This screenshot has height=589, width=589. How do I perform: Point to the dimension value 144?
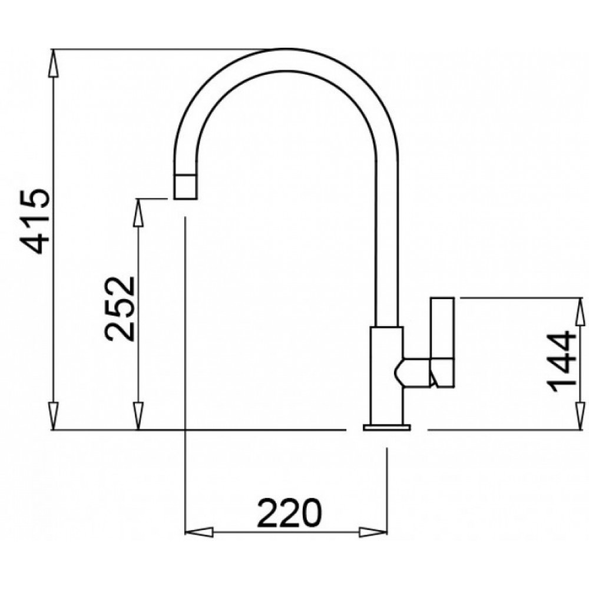[561, 362]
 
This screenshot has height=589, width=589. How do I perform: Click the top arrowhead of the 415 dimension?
[54, 64]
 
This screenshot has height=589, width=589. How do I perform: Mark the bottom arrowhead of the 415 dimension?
[54, 415]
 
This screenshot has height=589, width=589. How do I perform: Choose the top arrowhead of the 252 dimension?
[138, 213]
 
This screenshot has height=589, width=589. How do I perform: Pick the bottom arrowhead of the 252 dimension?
[138, 415]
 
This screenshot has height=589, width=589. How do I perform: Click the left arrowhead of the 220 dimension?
[199, 532]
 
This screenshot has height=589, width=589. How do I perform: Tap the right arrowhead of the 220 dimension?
[373, 532]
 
